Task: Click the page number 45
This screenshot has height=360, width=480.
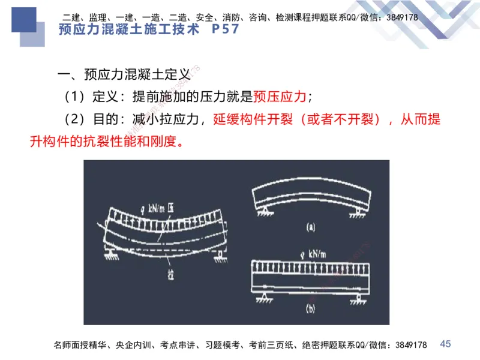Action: pos(445,344)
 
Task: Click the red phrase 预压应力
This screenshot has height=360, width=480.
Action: pos(280,97)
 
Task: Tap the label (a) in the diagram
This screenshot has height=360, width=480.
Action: pos(310,227)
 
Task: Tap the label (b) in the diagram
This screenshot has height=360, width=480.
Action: pos(310,310)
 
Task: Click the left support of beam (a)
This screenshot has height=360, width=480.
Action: pos(263,210)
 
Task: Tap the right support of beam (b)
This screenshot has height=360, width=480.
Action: pos(358,297)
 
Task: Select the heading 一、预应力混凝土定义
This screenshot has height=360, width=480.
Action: pos(124,75)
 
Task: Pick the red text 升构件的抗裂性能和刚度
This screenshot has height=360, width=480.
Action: pos(105,142)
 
